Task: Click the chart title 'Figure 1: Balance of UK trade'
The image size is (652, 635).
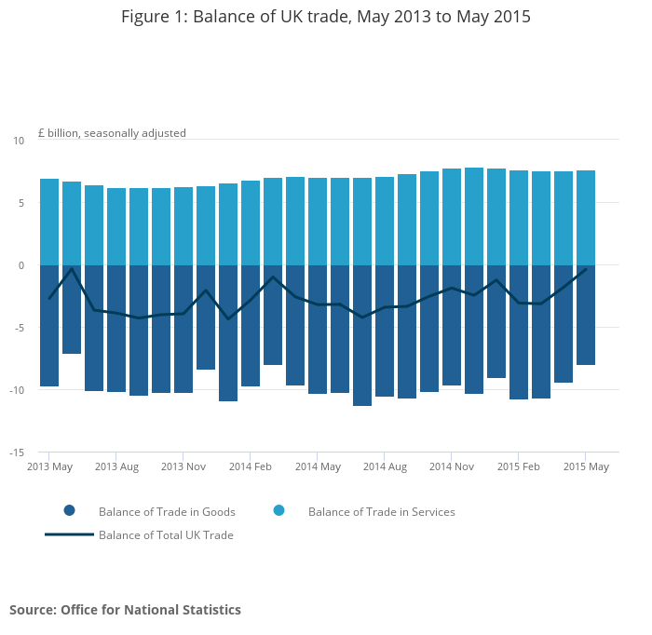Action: pyautogui.click(x=326, y=17)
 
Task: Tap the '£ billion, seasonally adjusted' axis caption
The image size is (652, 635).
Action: pyautogui.click(x=112, y=133)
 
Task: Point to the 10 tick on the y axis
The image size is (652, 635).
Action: pyautogui.click(x=19, y=141)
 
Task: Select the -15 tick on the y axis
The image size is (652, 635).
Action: pyautogui.click(x=17, y=453)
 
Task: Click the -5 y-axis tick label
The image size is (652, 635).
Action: pyautogui.click(x=19, y=328)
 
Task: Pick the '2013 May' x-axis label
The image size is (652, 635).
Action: pyautogui.click(x=49, y=466)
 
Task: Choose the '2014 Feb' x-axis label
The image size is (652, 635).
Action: pyautogui.click(x=251, y=466)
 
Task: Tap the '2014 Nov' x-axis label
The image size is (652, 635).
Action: pyautogui.click(x=452, y=466)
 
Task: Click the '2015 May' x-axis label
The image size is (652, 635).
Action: pyautogui.click(x=586, y=466)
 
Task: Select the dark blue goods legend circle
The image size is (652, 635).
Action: pyautogui.click(x=69, y=510)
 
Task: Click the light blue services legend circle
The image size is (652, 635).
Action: pyautogui.click(x=278, y=510)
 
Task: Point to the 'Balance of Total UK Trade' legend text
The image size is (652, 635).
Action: pyautogui.click(x=166, y=535)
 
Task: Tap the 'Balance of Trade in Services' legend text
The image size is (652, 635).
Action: pyautogui.click(x=381, y=511)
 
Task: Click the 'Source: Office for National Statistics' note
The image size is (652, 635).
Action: pyautogui.click(x=125, y=610)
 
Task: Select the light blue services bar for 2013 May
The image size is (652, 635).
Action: pyautogui.click(x=49, y=222)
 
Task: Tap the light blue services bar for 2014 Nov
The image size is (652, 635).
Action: pyautogui.click(x=452, y=216)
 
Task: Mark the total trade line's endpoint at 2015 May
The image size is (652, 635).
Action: pyautogui.click(x=586, y=268)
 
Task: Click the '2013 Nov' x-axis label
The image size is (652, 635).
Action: pyautogui.click(x=183, y=466)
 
